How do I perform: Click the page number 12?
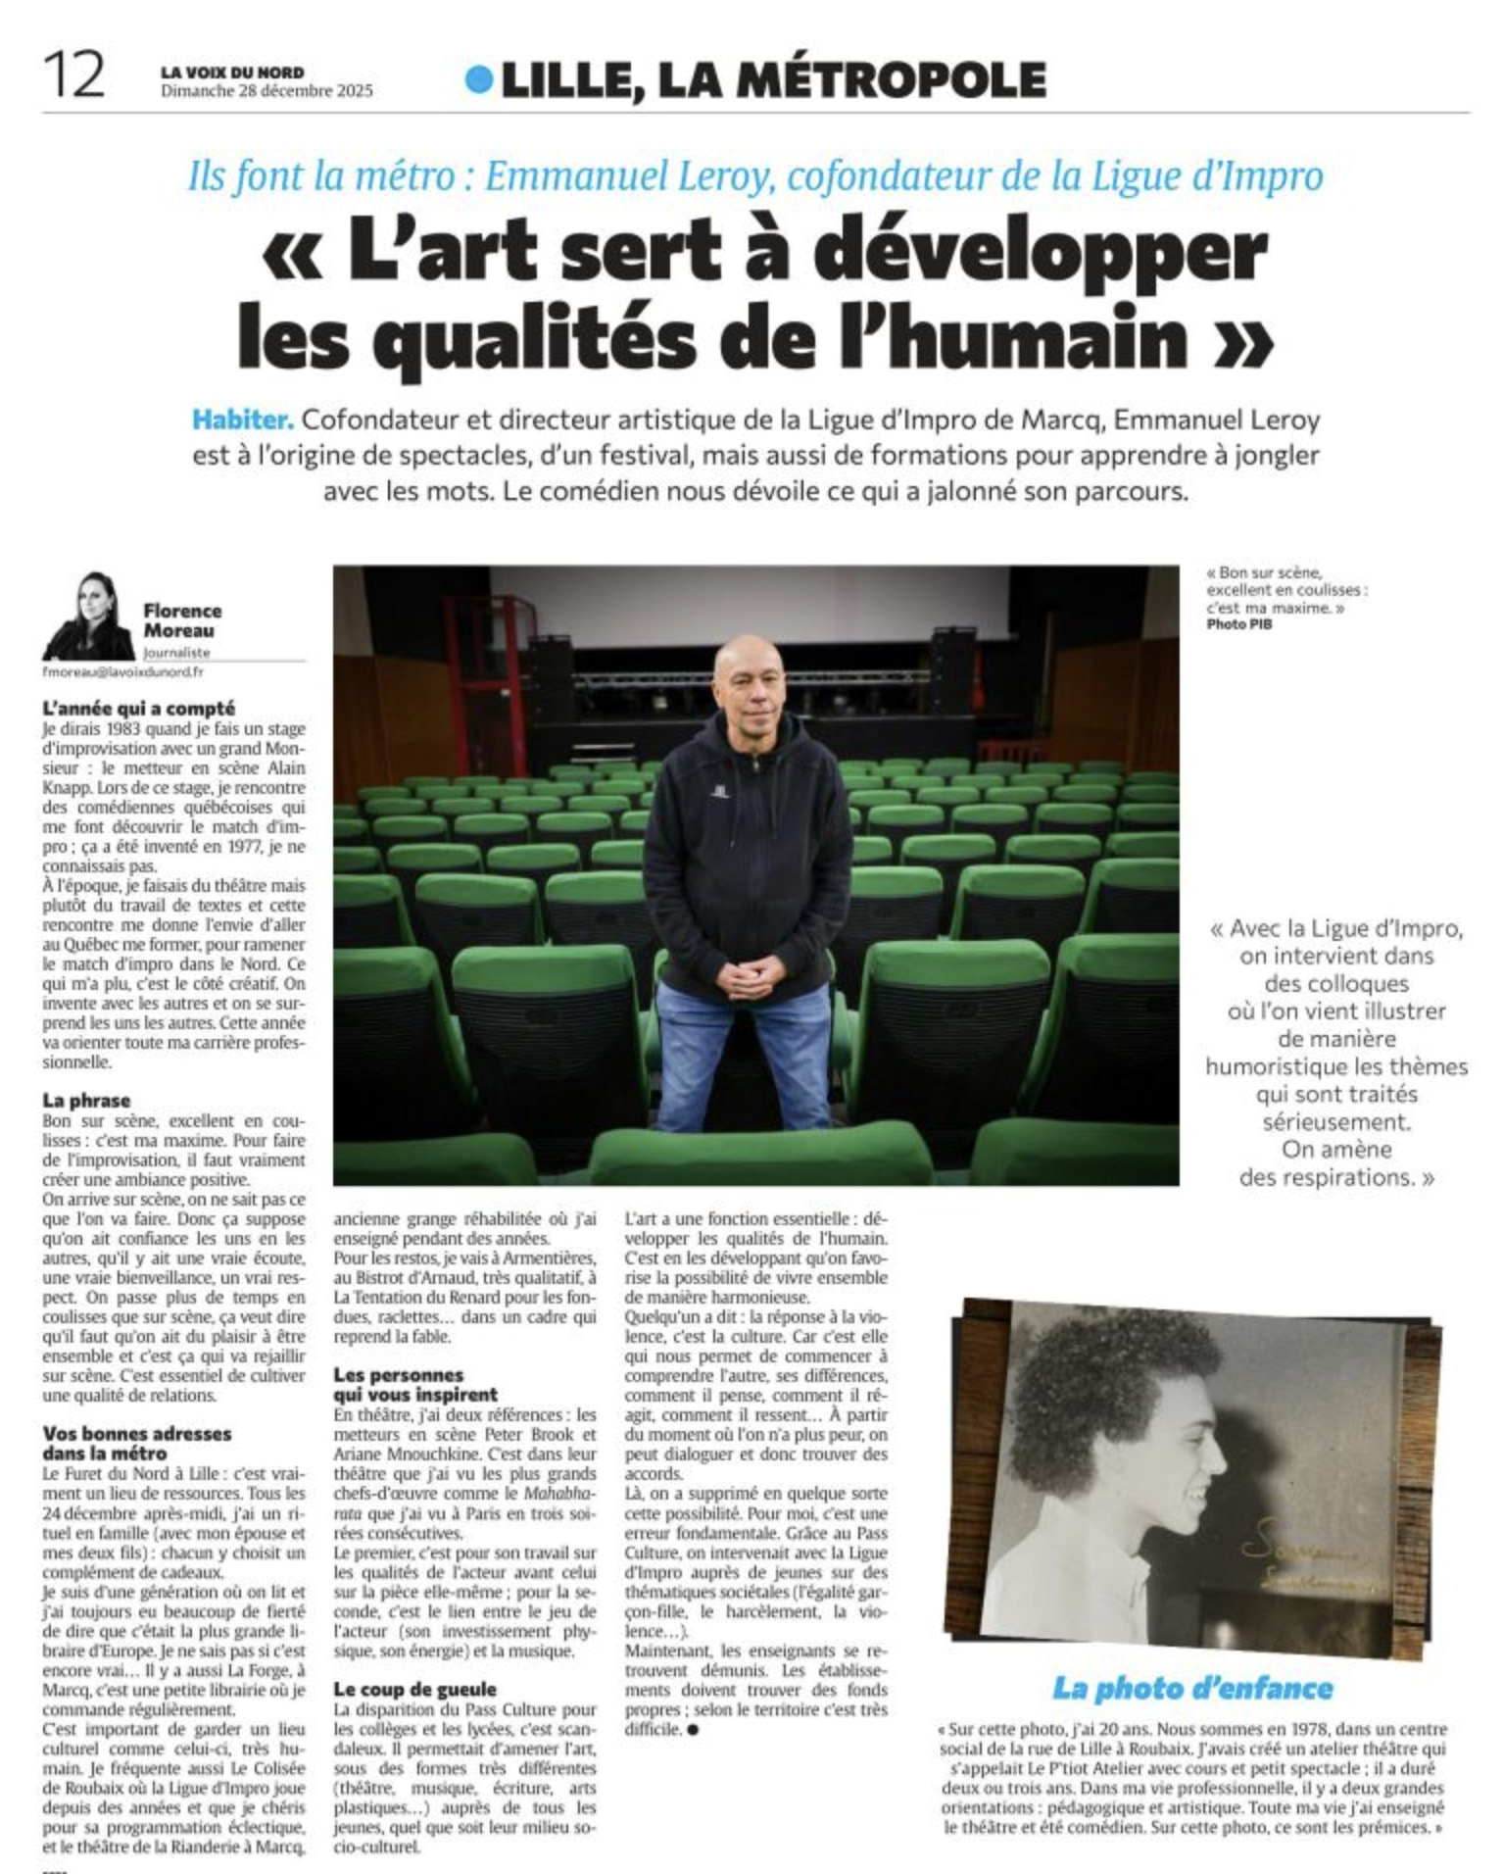73,76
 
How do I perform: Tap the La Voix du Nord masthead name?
232,72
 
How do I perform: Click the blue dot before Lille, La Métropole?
478,79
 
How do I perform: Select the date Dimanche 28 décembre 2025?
267,91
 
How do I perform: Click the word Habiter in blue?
242,420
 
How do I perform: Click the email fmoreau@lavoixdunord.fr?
122,672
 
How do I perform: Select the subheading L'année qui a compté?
138,708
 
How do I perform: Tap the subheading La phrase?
86,1100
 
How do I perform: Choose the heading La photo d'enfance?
1192,1688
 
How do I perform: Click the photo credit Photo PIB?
1238,623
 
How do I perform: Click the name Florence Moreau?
181,620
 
